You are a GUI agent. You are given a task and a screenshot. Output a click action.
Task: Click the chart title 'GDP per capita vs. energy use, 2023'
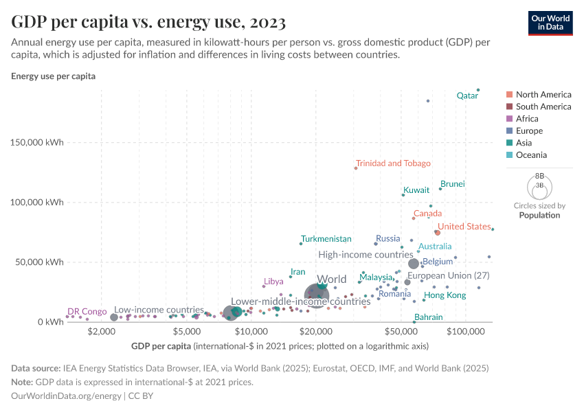pyautogui.click(x=148, y=22)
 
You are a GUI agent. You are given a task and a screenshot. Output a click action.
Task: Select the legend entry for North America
pyautogui.click(x=543, y=95)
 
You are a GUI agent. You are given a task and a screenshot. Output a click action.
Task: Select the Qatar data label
pyautogui.click(x=467, y=96)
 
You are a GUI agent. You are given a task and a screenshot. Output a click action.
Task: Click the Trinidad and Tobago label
pyautogui.click(x=393, y=163)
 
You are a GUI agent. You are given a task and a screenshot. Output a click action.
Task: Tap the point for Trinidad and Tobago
pyautogui.click(x=356, y=168)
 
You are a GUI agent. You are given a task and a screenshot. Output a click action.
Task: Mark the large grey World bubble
pyautogui.click(x=316, y=295)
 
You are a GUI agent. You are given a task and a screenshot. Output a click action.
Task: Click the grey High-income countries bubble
pyautogui.click(x=414, y=264)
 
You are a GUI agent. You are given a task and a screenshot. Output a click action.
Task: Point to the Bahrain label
pyautogui.click(x=429, y=317)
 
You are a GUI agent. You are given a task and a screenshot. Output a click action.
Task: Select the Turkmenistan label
pyautogui.click(x=326, y=239)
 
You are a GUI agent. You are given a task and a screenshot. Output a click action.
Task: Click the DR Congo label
pyautogui.click(x=87, y=312)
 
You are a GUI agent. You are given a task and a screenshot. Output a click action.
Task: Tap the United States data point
pyautogui.click(x=437, y=233)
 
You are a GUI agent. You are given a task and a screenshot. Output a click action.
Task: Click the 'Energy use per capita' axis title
pyautogui.click(x=53, y=76)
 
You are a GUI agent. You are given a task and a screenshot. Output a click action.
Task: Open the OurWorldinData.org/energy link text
pyautogui.click(x=66, y=396)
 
